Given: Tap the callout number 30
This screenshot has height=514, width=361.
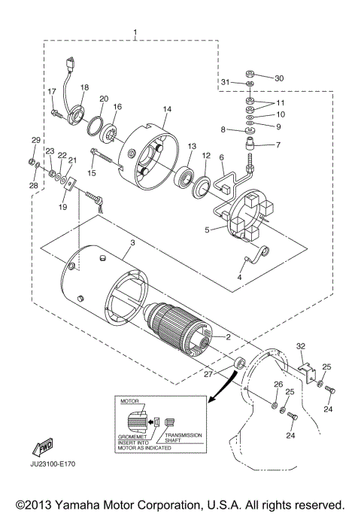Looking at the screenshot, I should [x=279, y=78].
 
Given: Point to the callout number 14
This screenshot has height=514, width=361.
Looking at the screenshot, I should [x=167, y=109].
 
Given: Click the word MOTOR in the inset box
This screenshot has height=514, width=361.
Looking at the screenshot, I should [x=132, y=403].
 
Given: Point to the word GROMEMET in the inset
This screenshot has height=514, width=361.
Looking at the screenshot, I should [x=134, y=436].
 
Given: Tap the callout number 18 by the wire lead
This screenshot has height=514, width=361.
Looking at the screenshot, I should [x=84, y=88].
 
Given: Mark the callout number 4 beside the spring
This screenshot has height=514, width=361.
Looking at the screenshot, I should [x=240, y=277].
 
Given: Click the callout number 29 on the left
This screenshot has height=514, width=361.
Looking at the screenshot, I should [x=34, y=140].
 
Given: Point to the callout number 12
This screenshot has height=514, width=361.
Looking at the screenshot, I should [x=205, y=155].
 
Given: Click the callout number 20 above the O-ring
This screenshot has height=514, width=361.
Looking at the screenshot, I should [x=104, y=99].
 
